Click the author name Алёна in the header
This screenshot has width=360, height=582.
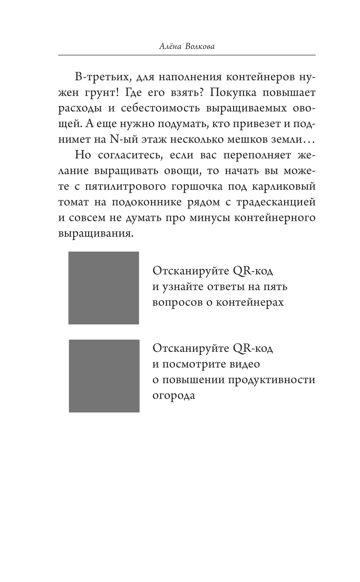(170, 46)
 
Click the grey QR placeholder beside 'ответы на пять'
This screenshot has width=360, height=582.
(104, 288)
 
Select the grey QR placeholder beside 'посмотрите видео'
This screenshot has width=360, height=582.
(104, 376)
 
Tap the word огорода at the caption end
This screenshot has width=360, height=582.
(174, 395)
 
